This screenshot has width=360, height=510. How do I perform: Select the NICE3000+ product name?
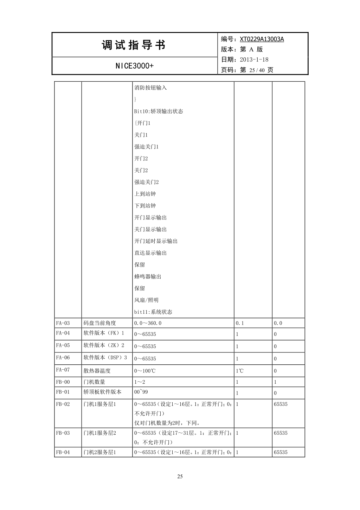point(134,66)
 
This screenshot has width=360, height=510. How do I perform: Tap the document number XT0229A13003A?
point(262,39)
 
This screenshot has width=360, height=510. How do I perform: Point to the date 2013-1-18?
point(254,59)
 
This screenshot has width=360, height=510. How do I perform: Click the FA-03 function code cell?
point(63,323)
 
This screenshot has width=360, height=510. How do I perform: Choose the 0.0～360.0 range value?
point(148,323)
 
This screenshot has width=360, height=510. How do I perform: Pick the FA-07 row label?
point(63,370)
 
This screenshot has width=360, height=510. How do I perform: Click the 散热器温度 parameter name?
point(97,370)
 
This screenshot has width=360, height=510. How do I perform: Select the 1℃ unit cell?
point(239,371)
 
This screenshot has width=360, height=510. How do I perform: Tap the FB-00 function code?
point(63,382)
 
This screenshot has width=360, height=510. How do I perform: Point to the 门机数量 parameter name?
point(94,382)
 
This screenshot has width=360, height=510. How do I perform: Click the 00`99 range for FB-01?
point(141,392)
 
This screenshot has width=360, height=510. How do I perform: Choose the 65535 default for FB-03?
point(281,433)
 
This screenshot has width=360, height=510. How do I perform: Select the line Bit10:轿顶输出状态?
point(159,111)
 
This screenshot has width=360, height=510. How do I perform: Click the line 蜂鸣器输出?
point(148,277)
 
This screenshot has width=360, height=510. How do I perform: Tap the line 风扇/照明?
point(146,300)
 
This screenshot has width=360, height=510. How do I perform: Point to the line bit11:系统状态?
point(153,312)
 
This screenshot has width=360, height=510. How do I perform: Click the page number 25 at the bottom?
point(180,477)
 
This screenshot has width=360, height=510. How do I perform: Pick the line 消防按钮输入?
point(150,88)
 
